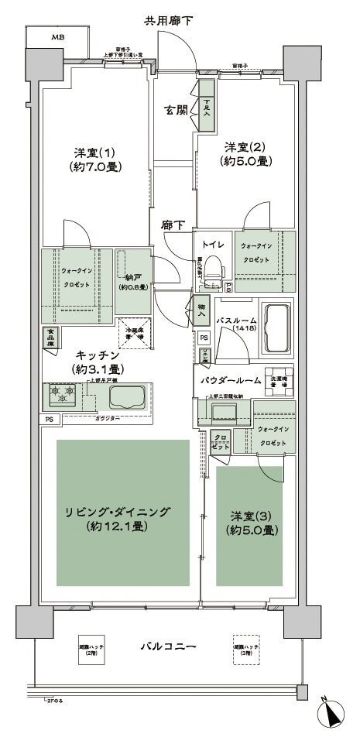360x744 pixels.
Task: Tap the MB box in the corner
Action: (58, 36)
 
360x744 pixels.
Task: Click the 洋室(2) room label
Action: (246, 153)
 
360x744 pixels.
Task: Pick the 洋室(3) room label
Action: (254, 522)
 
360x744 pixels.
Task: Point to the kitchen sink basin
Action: (127, 397)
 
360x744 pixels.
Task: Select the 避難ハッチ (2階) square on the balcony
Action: (91, 651)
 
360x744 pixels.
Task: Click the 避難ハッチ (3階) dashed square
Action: (246, 650)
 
